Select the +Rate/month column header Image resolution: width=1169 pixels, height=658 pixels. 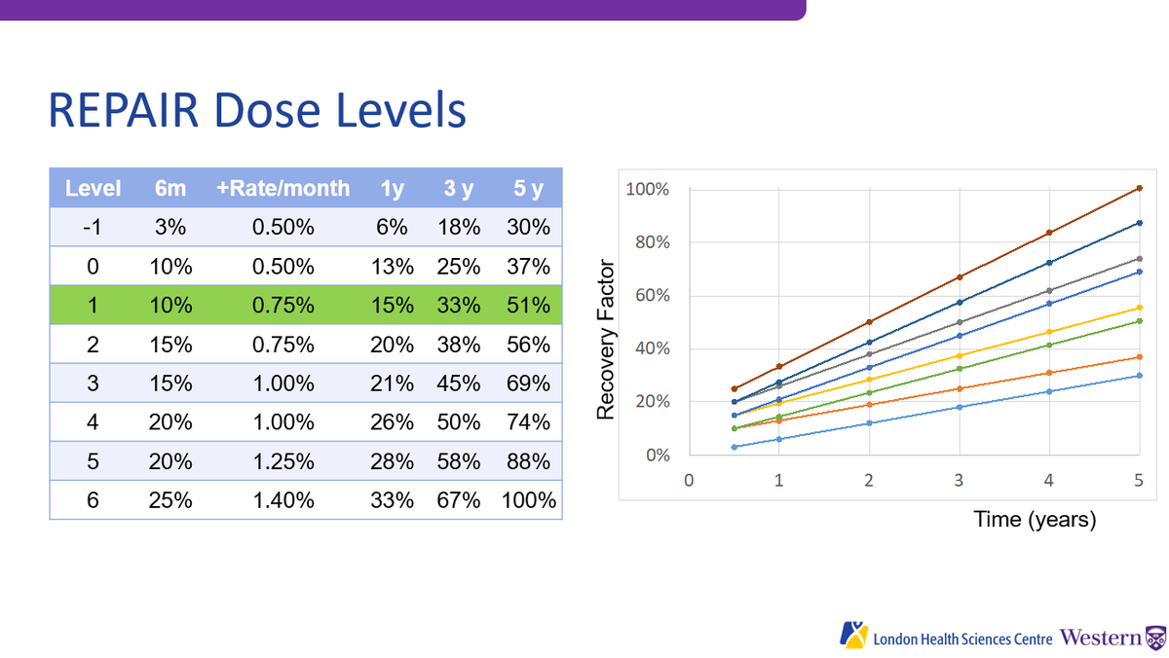pos(283,188)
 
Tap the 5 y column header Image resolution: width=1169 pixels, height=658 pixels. pos(529,188)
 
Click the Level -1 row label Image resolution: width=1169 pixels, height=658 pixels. pos(93,228)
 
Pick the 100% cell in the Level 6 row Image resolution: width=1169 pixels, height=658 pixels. pos(529,500)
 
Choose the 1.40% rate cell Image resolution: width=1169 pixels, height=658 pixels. pos(283,500)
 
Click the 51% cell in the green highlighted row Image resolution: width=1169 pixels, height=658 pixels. pos(529,306)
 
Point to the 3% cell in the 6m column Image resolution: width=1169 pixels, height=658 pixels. pos(170,228)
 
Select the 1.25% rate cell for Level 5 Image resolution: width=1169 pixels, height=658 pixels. pos(283,461)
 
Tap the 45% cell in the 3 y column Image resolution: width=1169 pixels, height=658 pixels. pos(458,384)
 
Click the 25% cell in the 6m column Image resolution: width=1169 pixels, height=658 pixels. pos(170,500)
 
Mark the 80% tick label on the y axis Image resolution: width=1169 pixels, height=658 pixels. pos(647,242)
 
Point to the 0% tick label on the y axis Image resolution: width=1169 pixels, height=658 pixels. pos(651,455)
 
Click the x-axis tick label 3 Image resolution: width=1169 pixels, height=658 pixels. pos(959,479)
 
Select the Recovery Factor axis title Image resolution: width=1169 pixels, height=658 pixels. pos(606,339)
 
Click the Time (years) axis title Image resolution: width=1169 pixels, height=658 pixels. pos(1035,520)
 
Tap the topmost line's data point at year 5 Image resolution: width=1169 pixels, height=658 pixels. pos(1139,188)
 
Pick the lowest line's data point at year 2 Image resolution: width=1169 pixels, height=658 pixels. pos(869,422)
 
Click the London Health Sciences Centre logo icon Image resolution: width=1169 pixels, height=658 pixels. pos(853,635)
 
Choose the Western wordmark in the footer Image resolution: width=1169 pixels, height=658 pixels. pos(1101,639)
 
